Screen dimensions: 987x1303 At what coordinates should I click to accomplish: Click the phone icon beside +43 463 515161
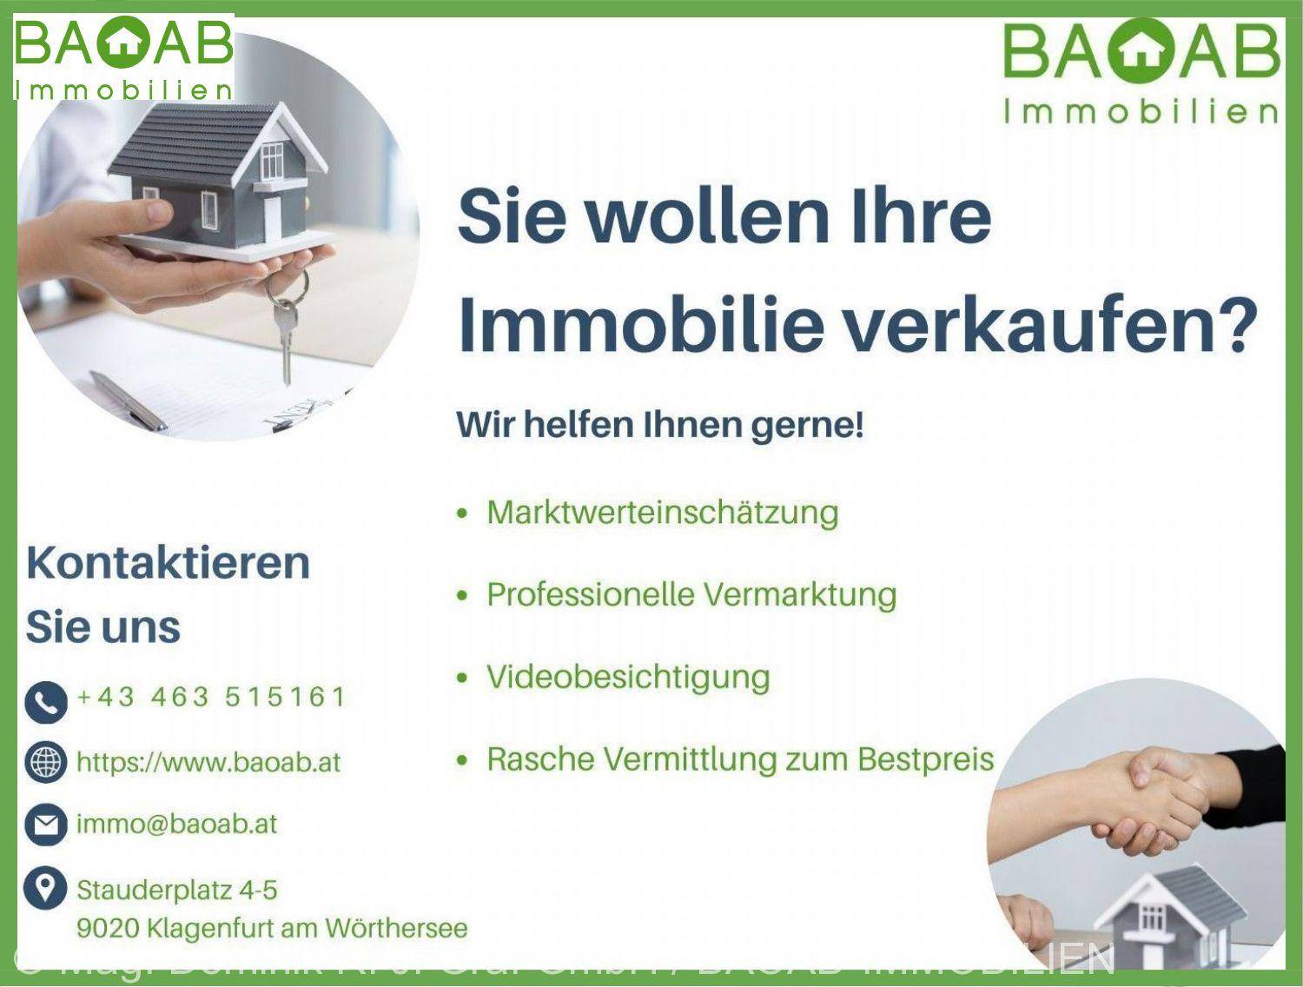click(46, 702)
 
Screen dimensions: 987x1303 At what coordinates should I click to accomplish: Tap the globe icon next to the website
click(46, 763)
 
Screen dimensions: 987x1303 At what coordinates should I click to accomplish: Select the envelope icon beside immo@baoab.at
click(46, 825)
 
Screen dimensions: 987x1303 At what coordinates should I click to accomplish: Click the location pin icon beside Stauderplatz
click(46, 888)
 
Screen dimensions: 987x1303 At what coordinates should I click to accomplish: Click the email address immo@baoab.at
click(176, 824)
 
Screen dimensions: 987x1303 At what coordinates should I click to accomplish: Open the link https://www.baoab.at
click(208, 763)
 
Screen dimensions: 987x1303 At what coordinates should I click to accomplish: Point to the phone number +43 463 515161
click(211, 697)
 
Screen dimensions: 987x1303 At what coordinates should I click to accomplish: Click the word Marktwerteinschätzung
click(662, 512)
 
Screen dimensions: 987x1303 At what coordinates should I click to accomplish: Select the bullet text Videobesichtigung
click(627, 677)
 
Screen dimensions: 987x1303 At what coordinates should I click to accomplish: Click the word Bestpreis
click(925, 758)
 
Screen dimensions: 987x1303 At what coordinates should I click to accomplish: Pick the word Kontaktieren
click(168, 562)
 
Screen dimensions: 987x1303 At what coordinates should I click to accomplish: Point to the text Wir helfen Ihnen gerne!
click(660, 426)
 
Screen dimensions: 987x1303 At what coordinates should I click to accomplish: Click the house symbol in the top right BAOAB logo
click(1134, 52)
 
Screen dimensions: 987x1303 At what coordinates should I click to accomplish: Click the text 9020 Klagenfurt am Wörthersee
click(272, 928)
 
